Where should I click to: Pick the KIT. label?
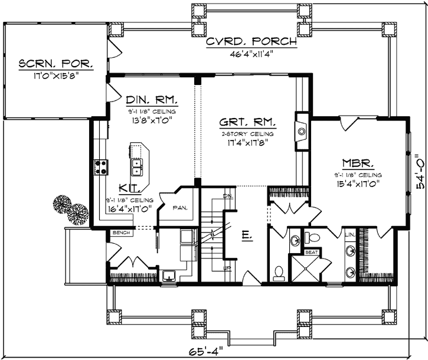(x=129, y=188)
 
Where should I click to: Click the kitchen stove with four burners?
(x=100, y=168)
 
